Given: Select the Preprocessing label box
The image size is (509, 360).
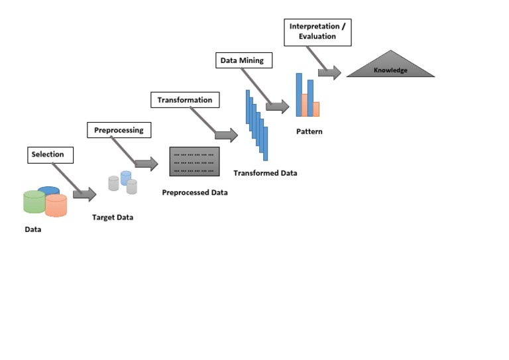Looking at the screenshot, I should coord(119,130).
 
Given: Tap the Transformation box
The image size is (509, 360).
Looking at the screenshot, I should coord(185,100).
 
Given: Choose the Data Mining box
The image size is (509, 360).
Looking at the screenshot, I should coord(242,61).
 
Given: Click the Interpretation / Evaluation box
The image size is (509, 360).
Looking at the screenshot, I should coord(317,32).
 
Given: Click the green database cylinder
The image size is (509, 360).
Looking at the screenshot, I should coord(34,202).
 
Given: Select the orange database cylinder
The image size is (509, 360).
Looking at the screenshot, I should coord(56,205).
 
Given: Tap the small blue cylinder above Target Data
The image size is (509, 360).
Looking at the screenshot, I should coord(126,177).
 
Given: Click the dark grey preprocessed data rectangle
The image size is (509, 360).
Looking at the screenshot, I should coord(194,161).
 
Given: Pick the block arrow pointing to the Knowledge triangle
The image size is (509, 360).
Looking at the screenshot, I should coord(329,73).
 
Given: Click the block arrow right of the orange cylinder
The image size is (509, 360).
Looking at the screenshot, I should coord(84,194).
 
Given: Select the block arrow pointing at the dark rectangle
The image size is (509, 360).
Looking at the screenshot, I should coord(146,164).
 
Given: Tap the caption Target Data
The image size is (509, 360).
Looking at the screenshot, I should coord(112,217).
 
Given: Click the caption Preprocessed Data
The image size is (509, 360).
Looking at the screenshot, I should coord(195,193).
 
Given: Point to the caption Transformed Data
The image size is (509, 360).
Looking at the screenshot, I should coord(265,173).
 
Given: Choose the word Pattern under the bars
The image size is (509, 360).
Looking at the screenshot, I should coord(310,131).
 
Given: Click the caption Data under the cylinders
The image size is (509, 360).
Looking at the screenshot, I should coord(34,231).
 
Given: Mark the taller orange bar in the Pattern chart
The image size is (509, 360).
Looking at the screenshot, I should coord(304,105).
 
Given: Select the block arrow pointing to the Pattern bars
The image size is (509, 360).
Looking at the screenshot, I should coord(278,107).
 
